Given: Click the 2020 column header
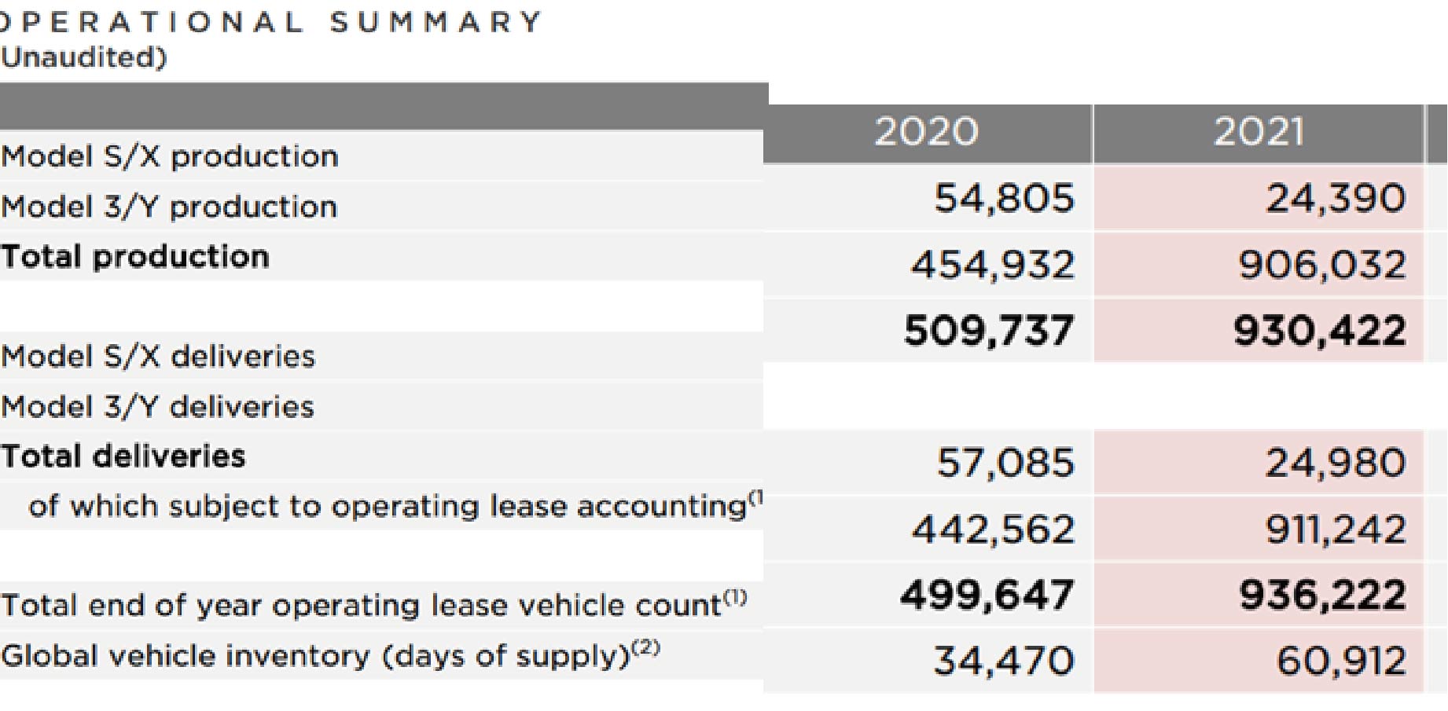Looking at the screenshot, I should [x=926, y=131].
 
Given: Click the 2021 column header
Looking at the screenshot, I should [x=1259, y=131].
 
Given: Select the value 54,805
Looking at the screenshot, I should [x=1004, y=198].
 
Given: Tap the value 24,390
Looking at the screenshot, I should [x=1336, y=198].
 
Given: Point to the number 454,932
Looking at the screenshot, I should [x=993, y=264].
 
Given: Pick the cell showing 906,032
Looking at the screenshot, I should [x=1322, y=264].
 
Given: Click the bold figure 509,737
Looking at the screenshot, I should [x=989, y=330].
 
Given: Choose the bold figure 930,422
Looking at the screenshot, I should [x=1320, y=330].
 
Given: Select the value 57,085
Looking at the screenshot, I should [x=1005, y=463].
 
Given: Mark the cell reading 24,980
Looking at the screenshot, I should [x=1336, y=463].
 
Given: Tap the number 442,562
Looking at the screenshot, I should [x=993, y=529].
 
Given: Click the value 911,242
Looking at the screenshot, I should [x=1336, y=529].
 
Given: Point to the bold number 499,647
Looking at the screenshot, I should [x=987, y=595].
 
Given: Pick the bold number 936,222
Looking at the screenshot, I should [x=1322, y=595].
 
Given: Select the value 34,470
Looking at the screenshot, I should [x=1004, y=661].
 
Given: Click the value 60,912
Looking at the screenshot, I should [x=1341, y=661].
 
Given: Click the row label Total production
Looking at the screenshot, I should [x=135, y=257].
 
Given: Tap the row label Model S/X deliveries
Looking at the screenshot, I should [x=158, y=357].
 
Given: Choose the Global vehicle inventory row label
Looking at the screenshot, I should [x=330, y=655].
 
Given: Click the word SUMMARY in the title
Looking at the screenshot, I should [x=436, y=22].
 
